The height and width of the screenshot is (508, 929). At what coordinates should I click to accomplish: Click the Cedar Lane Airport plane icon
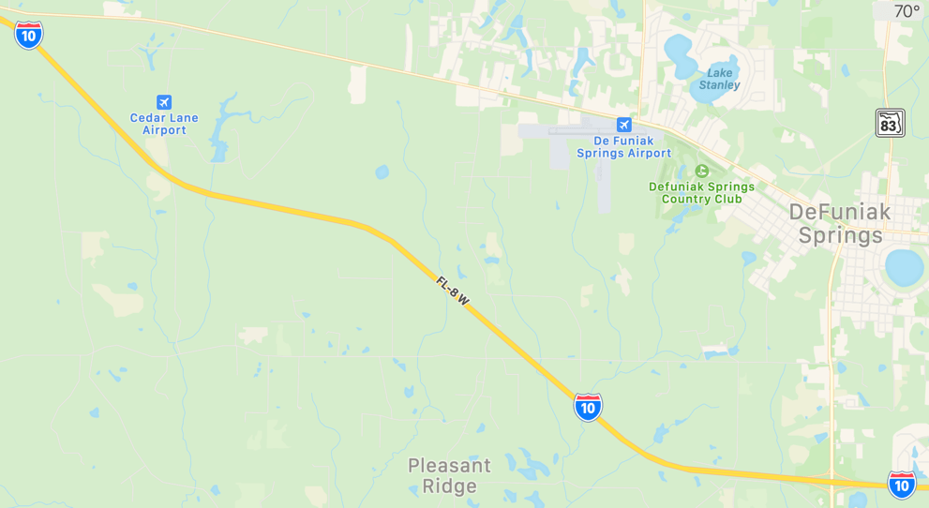[164, 102]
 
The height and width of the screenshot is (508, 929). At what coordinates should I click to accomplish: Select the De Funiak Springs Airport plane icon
[624, 125]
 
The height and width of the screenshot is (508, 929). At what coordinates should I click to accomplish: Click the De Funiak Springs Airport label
[623, 146]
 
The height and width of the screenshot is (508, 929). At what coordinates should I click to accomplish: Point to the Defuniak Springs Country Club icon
[702, 171]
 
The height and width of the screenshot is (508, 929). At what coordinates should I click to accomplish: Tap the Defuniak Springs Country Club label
[701, 192]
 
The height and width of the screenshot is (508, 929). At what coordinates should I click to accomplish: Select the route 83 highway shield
[890, 123]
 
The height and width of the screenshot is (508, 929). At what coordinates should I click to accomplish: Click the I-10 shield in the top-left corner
[28, 36]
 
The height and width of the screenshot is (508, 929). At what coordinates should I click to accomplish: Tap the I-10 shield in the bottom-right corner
[902, 484]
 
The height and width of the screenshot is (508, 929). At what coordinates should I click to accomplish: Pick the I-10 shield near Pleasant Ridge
[588, 407]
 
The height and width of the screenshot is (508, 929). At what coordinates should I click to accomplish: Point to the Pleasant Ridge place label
[449, 475]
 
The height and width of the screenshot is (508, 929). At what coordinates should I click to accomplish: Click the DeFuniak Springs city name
[840, 223]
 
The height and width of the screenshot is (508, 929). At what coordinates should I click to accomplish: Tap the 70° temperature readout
[907, 11]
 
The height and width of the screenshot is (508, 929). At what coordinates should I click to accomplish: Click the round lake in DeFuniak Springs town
[905, 267]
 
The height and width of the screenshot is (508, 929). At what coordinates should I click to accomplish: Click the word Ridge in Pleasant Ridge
[449, 486]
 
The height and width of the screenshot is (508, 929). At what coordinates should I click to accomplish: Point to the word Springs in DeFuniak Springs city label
[840, 235]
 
